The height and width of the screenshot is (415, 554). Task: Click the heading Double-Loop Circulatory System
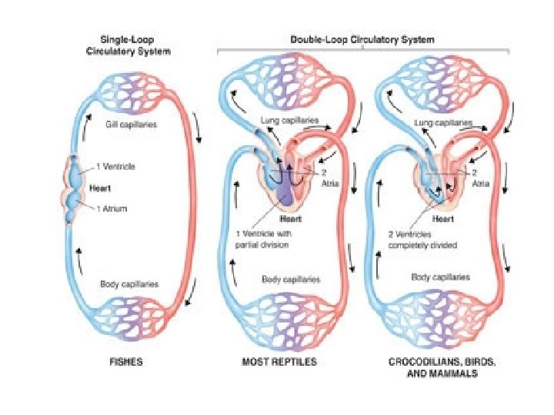pyautogui.click(x=362, y=39)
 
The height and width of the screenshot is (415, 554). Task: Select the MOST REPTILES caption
pyautogui.click(x=279, y=361)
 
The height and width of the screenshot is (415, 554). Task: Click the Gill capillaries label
pyautogui.click(x=132, y=124)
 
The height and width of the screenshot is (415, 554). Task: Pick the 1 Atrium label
pyautogui.click(x=112, y=208)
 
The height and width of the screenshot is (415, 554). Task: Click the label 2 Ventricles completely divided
pyautogui.click(x=423, y=241)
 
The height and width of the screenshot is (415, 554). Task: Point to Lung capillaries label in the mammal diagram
pyautogui.click(x=442, y=121)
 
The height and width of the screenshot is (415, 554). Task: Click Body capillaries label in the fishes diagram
pyautogui.click(x=129, y=284)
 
